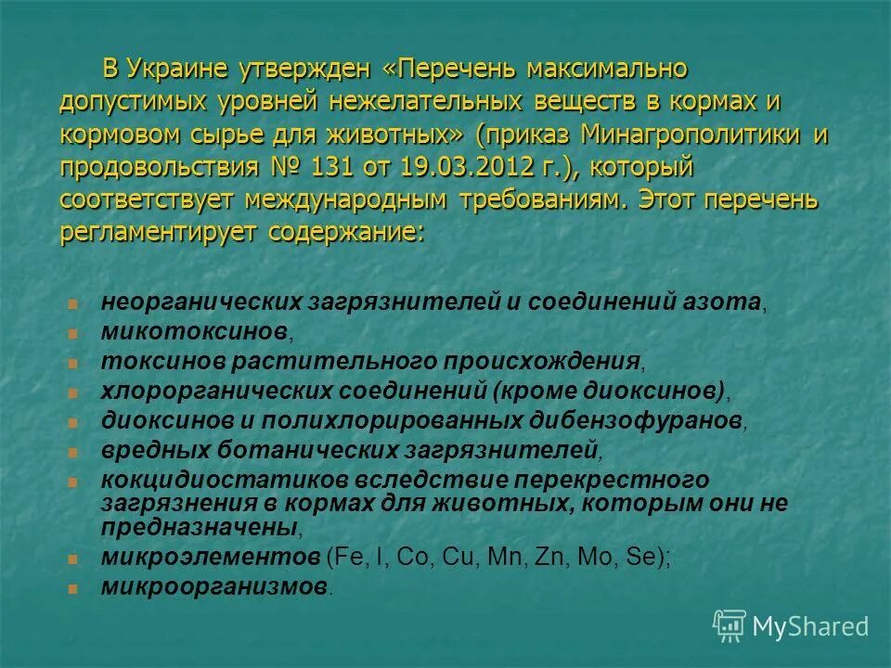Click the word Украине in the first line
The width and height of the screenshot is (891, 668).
178,69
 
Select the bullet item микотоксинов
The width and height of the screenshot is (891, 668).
195,331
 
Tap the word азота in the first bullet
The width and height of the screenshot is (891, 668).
728,302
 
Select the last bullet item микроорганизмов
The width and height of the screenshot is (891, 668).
214,587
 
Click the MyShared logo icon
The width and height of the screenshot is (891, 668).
730,625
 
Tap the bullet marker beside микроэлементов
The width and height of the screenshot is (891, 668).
73,559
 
